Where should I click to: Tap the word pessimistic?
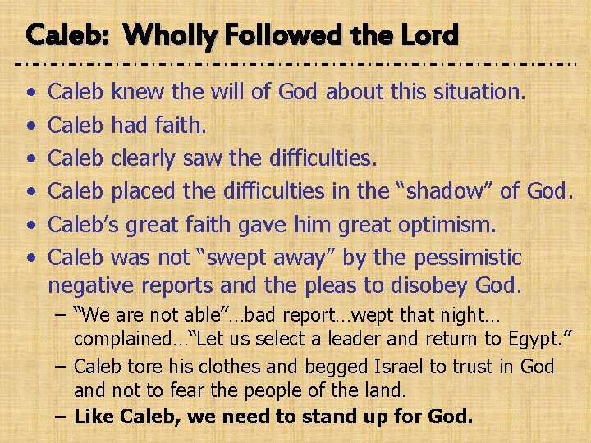pos(468,258)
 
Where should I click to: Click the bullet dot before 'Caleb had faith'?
pos(30,126)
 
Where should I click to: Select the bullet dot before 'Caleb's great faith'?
pos(30,225)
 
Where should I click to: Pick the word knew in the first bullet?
pos(138,93)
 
